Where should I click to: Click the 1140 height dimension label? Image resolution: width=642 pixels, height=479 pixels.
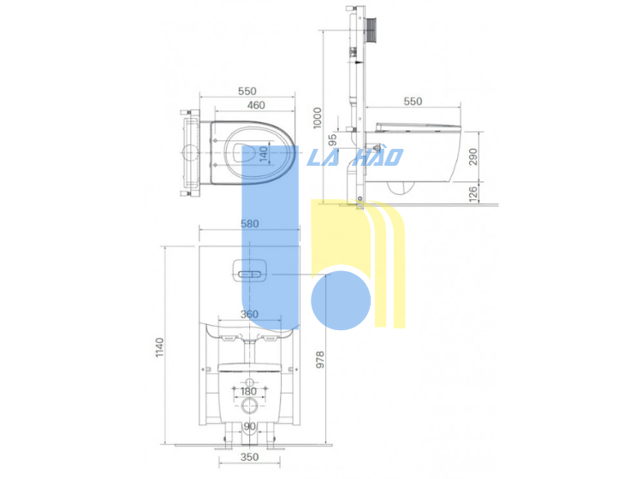(160, 347)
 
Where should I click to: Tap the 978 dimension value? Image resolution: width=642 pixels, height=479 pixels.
(320, 359)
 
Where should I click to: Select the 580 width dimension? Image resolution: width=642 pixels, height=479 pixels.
(249, 224)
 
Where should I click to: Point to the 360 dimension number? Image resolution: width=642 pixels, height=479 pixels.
(249, 314)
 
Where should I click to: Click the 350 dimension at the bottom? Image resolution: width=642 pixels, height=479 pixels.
(249, 457)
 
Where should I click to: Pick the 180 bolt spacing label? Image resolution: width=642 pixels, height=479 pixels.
(248, 391)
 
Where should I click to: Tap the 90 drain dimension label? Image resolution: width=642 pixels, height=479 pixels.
(249, 426)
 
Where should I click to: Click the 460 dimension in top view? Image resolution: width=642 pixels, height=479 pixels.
(256, 105)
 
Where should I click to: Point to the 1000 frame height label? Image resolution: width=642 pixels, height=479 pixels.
(318, 118)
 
